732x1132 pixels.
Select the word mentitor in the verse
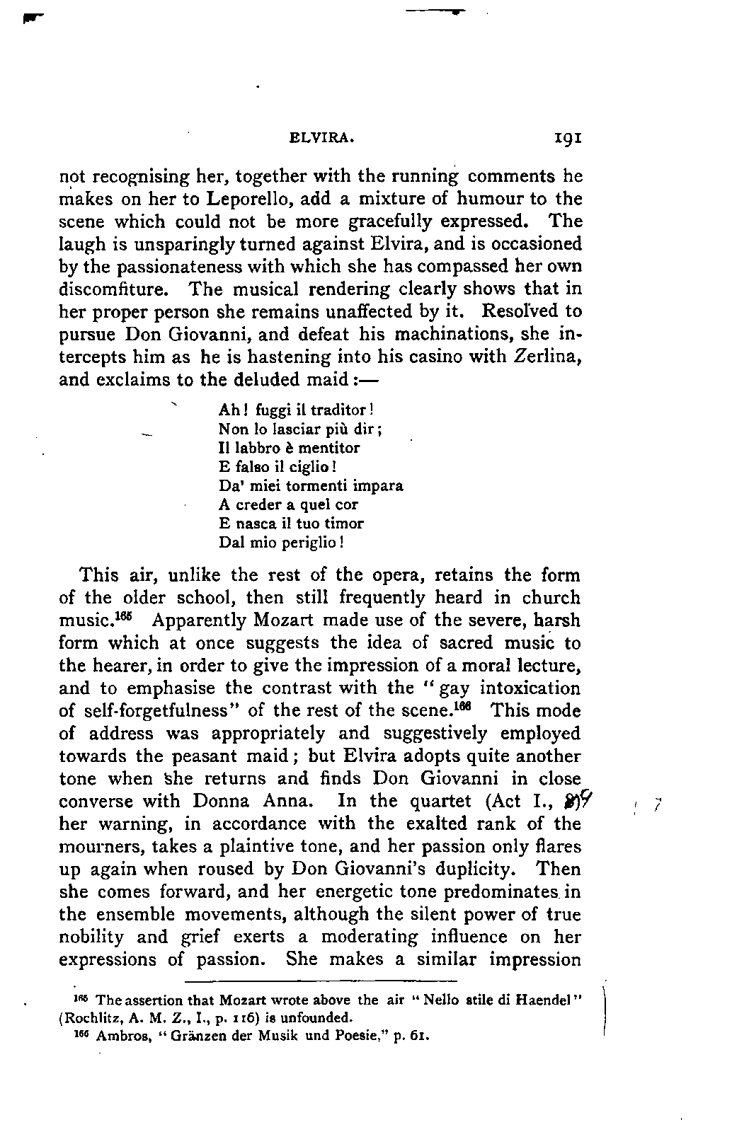[330, 448]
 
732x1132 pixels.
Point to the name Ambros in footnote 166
[118, 1038]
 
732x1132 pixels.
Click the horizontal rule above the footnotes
[321, 981]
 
